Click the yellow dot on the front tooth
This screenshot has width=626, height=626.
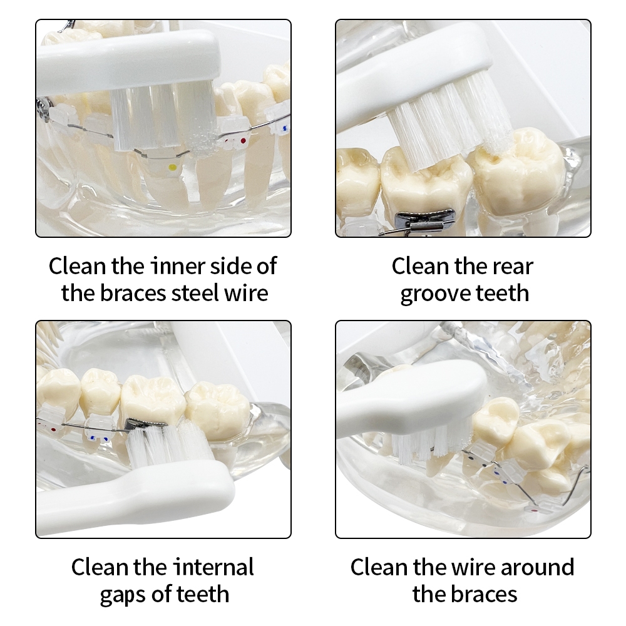click(173, 167)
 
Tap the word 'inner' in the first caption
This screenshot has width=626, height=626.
click(178, 266)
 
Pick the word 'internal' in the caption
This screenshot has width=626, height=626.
click(213, 567)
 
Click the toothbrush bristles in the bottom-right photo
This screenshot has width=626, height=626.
click(431, 444)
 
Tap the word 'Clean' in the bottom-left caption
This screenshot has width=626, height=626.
click(100, 567)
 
